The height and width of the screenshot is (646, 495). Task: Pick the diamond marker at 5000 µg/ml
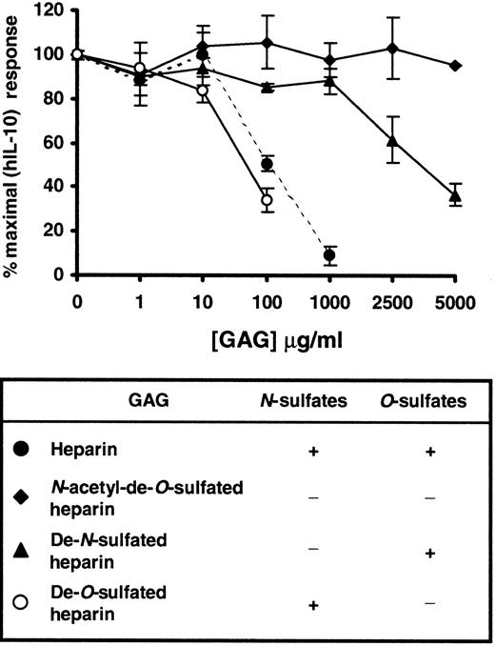(x=455, y=65)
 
